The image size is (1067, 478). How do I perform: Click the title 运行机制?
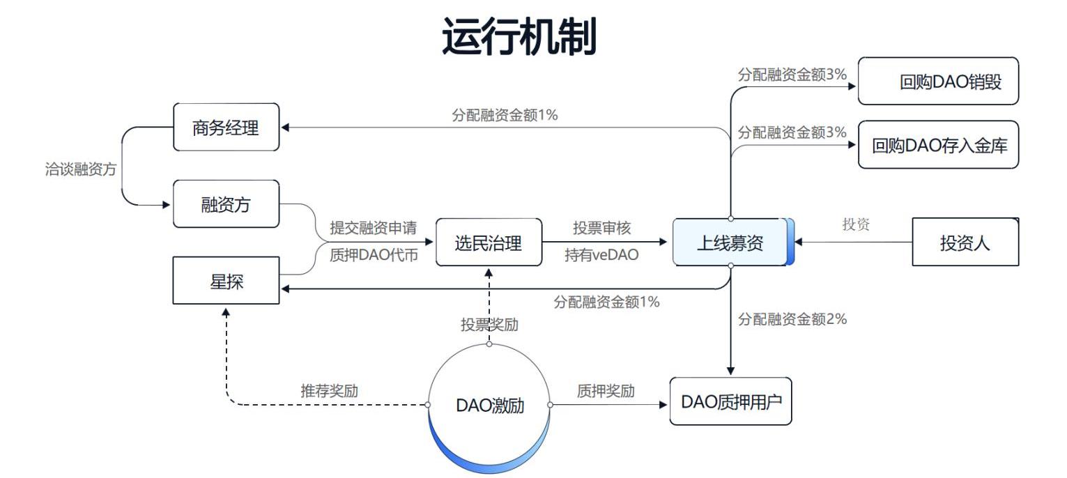[519, 36]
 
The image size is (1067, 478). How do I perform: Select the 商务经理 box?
[226, 128]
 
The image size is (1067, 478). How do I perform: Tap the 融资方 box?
[226, 204]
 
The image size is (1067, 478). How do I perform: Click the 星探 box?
[226, 281]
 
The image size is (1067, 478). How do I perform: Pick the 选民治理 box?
[489, 242]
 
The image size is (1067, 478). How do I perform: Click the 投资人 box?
[965, 242]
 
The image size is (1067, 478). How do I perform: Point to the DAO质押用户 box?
[730, 401]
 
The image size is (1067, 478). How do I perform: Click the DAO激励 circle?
[489, 406]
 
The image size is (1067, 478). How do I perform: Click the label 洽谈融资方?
[81, 169]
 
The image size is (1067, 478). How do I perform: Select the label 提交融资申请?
[373, 228]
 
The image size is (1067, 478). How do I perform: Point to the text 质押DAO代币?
[373, 255]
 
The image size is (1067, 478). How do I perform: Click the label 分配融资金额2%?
[792, 319]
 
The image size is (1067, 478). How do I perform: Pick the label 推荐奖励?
[329, 391]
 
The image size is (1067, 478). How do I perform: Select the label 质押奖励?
[606, 391]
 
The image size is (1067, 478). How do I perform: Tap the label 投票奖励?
[489, 325]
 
